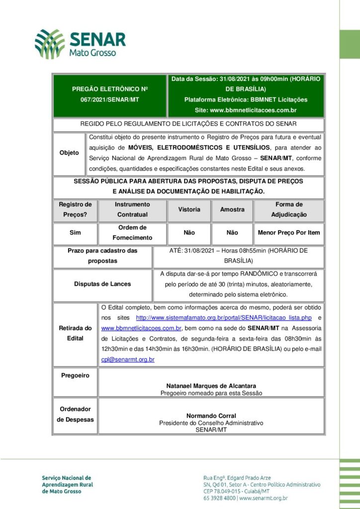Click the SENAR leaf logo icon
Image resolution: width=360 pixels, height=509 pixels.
(50, 44)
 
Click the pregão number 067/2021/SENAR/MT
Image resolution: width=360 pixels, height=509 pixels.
(110, 99)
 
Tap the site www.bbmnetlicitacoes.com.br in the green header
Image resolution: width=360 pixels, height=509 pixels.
(246, 110)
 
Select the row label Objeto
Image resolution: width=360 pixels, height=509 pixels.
(69, 153)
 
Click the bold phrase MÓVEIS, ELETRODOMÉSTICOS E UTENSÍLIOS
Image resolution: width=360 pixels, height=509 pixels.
(199, 147)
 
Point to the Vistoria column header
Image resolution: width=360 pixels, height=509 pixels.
(189, 209)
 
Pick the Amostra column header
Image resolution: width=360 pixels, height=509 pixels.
(232, 209)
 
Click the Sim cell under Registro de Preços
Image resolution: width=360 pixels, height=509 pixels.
(75, 232)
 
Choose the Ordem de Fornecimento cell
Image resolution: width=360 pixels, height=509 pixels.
(132, 232)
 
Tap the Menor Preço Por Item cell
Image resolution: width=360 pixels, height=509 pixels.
(289, 232)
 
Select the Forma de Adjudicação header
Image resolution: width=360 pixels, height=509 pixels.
(289, 209)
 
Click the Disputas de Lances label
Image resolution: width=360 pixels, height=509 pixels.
(102, 284)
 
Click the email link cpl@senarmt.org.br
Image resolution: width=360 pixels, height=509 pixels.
(128, 359)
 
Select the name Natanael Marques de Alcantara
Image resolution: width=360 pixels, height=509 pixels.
(211, 386)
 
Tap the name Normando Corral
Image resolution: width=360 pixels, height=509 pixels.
(211, 416)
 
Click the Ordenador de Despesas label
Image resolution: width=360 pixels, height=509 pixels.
(75, 414)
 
